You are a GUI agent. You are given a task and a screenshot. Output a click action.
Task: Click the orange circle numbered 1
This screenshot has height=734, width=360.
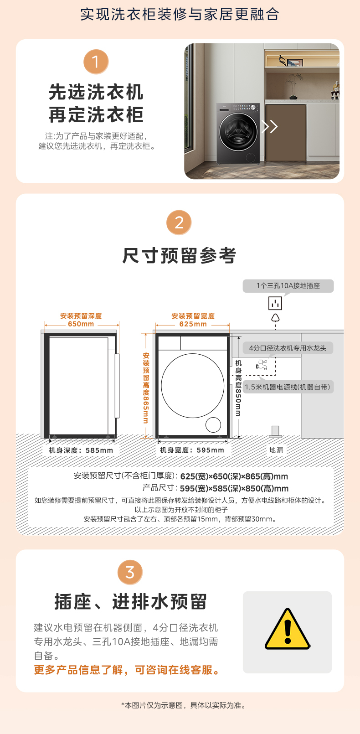point(96,62)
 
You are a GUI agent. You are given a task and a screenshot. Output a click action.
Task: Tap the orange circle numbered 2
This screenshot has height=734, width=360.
point(179,222)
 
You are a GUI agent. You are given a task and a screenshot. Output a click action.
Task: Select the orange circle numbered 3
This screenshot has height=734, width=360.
point(130,572)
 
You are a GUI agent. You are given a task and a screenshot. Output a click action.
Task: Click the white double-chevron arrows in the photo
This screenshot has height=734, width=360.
point(270,126)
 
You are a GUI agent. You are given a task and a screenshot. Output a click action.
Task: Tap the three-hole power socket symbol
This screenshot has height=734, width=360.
point(275,303)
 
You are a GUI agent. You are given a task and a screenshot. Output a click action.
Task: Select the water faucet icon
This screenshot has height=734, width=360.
point(262,364)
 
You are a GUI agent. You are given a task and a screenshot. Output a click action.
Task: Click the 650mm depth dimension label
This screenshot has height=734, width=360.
point(81,324)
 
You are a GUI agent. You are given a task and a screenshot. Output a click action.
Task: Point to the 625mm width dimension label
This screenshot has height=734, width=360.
point(193,324)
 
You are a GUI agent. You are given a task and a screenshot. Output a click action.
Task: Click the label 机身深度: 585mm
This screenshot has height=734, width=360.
point(81,450)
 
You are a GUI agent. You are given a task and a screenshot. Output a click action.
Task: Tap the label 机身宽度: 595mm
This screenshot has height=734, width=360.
point(192,450)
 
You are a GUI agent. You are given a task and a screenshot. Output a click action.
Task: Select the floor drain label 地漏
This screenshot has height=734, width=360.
point(276,450)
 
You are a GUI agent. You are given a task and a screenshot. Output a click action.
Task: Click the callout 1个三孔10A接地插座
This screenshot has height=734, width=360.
point(288,286)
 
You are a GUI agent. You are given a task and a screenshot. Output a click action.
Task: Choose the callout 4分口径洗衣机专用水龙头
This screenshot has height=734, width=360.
point(288,348)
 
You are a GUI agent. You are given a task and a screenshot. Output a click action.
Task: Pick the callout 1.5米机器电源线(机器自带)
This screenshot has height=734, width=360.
point(288,387)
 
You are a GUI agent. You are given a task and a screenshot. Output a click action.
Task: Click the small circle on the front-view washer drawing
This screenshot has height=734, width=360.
point(213,424)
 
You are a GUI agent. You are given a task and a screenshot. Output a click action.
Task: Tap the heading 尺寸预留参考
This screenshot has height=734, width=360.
point(179,255)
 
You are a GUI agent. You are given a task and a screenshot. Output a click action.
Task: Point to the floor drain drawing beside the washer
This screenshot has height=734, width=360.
point(275,431)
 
